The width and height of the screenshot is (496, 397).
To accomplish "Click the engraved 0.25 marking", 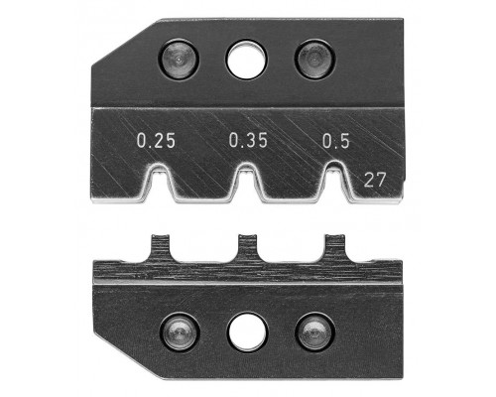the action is point(156,141).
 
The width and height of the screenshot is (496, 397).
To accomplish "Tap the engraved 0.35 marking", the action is point(248,140).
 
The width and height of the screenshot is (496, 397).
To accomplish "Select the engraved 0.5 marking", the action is point(336,141).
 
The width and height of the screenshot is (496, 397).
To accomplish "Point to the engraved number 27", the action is point(375,181).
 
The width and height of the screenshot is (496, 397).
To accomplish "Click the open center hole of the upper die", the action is point(246,60).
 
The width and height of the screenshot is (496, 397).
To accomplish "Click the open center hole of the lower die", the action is point(247,332).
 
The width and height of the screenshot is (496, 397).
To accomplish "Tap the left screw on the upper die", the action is point(179,60).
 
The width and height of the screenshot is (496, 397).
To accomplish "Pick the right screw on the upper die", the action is point(314,60).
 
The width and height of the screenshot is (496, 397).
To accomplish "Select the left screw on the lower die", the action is point(180,331).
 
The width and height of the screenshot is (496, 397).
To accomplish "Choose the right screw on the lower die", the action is point(314,331).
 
